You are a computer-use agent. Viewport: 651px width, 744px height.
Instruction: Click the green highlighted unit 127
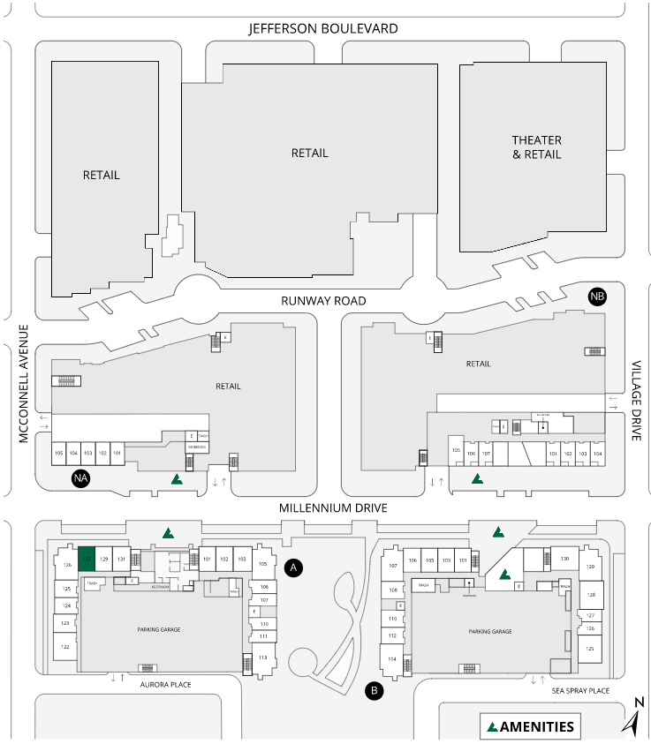point(87,560)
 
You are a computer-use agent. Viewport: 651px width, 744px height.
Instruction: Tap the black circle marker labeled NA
point(81,478)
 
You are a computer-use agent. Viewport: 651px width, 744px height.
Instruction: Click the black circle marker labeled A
point(295,567)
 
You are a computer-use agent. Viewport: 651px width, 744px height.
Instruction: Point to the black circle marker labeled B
point(375,690)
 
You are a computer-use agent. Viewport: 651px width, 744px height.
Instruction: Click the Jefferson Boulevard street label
point(323,29)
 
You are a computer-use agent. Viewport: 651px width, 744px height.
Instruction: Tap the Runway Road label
point(323,301)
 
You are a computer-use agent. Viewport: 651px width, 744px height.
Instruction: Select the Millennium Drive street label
point(333,508)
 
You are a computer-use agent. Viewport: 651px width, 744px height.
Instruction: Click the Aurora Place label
point(167,684)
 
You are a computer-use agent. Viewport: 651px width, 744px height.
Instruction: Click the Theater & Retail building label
point(537,147)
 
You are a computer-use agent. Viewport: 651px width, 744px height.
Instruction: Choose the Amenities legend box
point(531,727)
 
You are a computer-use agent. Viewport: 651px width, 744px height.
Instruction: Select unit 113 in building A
point(262,658)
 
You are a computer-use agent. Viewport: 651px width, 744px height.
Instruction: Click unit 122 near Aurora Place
point(65,647)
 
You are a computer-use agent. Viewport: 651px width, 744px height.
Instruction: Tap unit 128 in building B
point(591,595)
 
